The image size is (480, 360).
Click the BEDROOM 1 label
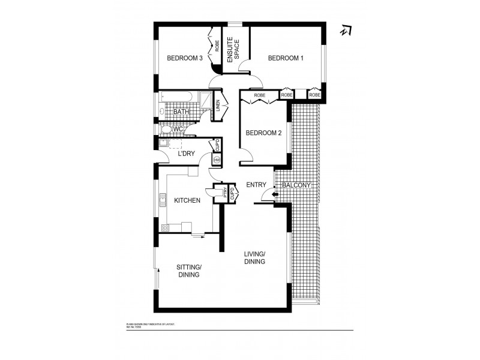(x=286, y=58)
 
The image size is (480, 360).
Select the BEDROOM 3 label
(x=184, y=58)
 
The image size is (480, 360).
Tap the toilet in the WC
(x=165, y=129)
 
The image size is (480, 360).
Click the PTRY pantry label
(x=226, y=193)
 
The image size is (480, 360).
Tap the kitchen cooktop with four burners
(x=165, y=227)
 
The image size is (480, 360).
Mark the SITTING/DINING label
(x=188, y=271)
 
